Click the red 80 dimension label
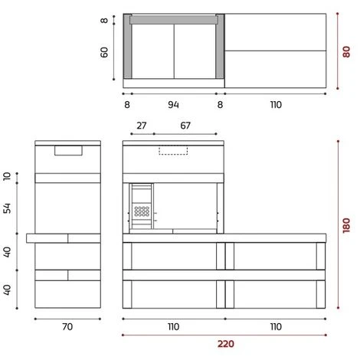pos(346,52)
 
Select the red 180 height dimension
pos(346,225)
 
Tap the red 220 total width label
pos(225,344)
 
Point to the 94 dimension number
pos(175,103)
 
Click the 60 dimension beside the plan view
pos(104,52)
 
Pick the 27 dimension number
pos(141,126)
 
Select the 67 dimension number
pos(185,126)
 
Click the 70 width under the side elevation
pos(67,326)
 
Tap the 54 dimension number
pos(8,208)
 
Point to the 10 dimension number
pos(8,178)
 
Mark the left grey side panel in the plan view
pos(127,46)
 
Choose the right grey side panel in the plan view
pos(221,46)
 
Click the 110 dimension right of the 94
pos(275,103)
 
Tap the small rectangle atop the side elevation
pos(68,150)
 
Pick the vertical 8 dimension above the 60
pos(104,20)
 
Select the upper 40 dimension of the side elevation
pos(8,251)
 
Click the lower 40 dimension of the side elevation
pos(8,290)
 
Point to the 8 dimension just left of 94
pos(126,103)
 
